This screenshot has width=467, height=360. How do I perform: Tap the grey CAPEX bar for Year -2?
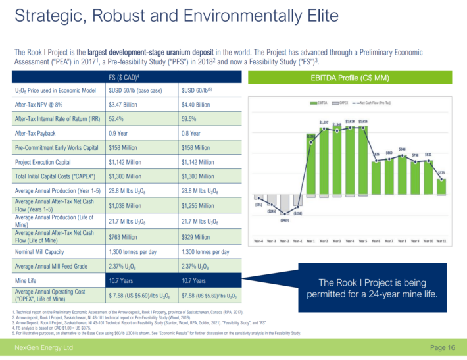pyautogui.click(x=284, y=204)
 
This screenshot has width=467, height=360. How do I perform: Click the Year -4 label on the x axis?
pyautogui.click(x=258, y=241)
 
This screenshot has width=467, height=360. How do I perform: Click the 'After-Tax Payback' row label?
pyautogui.click(x=38, y=133)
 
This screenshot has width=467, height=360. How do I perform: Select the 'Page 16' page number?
pyautogui.click(x=442, y=347)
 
